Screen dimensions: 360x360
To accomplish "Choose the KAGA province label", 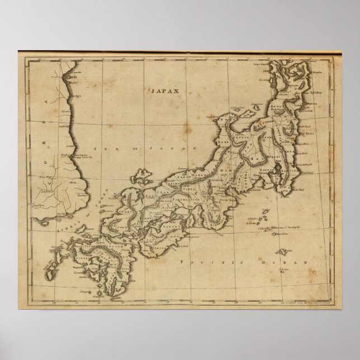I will [x=230, y=143].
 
